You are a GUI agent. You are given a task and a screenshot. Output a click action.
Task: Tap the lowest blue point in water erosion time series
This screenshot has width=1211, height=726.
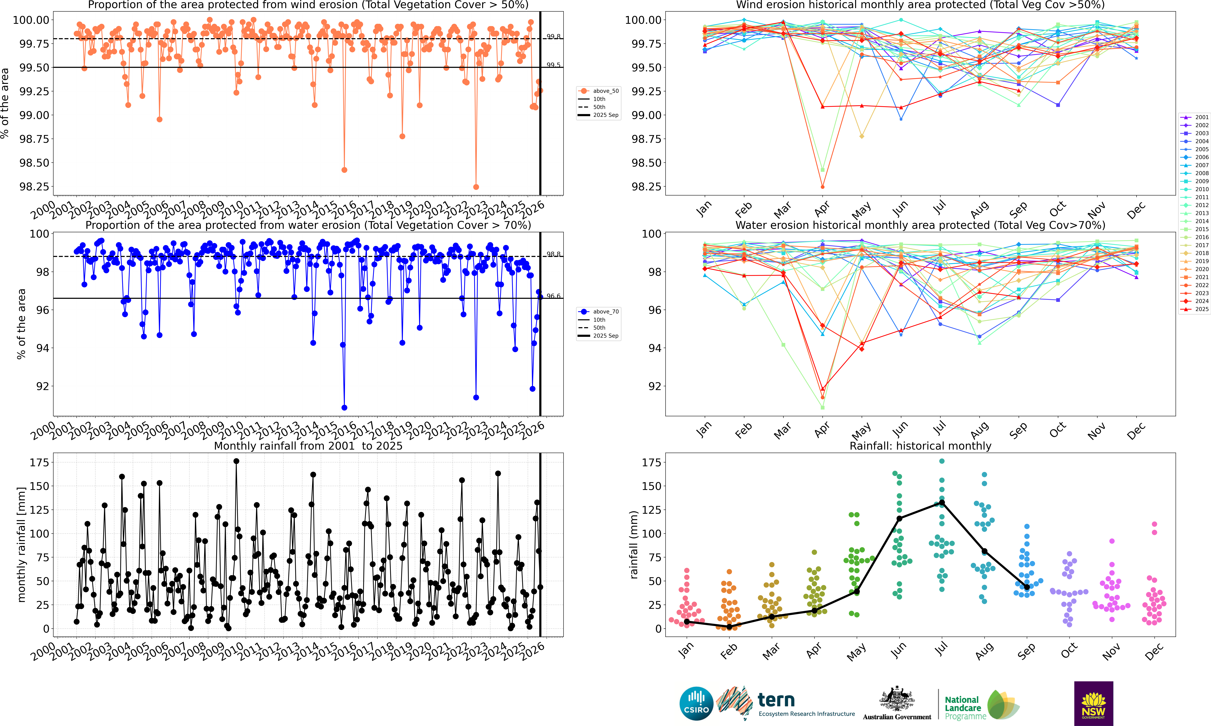point(344,407)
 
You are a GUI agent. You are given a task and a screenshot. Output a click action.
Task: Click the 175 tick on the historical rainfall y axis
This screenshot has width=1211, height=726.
point(651,462)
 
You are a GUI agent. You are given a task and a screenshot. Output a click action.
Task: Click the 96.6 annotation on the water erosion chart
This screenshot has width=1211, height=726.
point(553,296)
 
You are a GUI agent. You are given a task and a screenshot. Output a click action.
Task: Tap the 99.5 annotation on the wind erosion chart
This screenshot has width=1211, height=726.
point(553,65)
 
